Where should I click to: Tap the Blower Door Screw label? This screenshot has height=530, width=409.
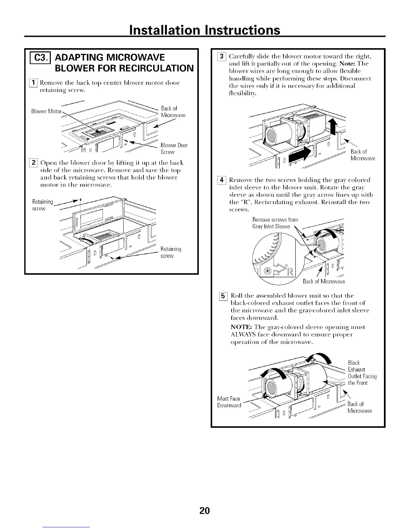[x=174, y=149]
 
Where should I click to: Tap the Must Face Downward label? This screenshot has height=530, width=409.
[x=229, y=402]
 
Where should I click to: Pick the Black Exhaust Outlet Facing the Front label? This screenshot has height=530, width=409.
[x=362, y=373]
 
